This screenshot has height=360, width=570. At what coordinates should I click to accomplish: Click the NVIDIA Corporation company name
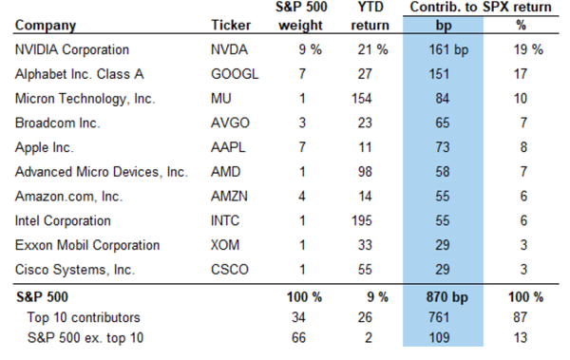tap(72, 49)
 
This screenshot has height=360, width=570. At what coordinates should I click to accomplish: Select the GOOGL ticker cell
tap(235, 74)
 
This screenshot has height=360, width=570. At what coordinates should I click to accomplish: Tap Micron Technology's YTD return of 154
tap(362, 99)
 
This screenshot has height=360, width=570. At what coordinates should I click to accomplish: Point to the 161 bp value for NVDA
tap(448, 49)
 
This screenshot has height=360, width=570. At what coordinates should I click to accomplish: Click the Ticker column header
tap(231, 25)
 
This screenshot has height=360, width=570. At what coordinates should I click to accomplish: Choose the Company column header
tap(46, 26)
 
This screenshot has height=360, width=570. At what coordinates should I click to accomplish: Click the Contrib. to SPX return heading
tap(481, 7)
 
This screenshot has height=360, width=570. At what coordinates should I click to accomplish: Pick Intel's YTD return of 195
tap(362, 220)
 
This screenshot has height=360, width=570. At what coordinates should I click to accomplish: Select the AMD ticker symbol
tap(225, 172)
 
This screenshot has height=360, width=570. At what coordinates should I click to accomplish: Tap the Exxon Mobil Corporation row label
tap(87, 245)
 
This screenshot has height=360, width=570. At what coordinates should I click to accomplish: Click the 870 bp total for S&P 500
tap(447, 297)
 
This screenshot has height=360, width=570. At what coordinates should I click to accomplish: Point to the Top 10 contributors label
tap(84, 317)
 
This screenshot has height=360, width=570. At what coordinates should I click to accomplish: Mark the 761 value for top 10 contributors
tap(439, 317)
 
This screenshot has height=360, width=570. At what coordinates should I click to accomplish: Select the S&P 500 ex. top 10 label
tap(85, 338)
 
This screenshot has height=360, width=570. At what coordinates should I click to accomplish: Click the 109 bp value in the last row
tap(439, 338)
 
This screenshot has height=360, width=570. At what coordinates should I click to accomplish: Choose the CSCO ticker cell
tap(229, 270)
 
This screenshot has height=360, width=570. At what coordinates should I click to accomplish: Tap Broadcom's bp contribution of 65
tap(443, 123)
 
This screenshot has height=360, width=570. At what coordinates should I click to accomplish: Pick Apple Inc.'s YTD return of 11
tap(365, 147)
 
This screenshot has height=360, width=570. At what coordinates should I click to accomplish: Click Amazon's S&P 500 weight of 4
tap(302, 197)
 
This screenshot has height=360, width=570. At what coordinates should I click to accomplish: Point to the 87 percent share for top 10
tap(521, 317)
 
